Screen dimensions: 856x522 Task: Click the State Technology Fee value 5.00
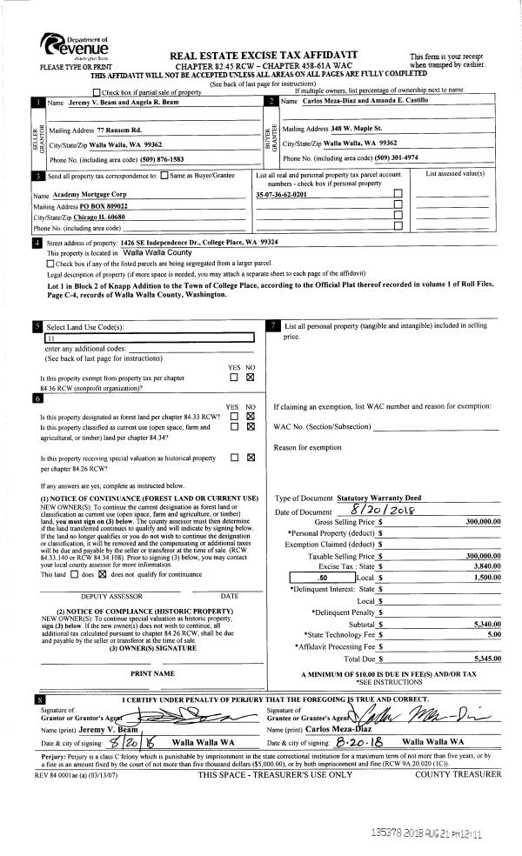click(x=493, y=635)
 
